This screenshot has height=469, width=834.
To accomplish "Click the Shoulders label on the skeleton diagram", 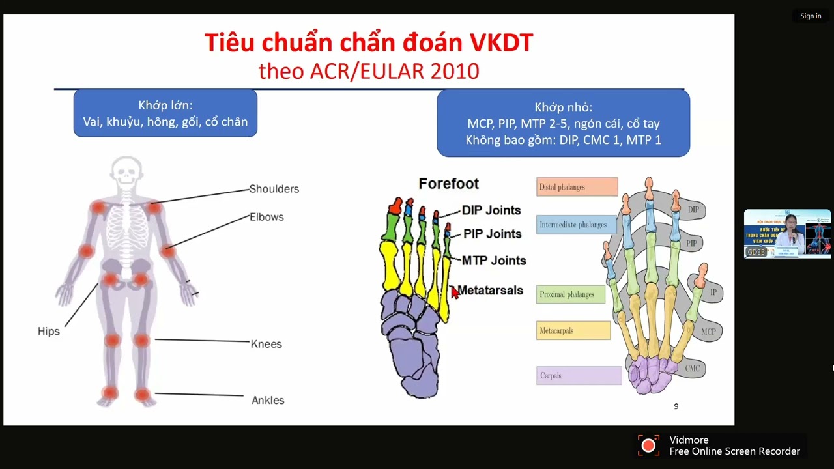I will click(x=274, y=189).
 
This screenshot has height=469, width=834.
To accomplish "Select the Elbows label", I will click(x=266, y=217).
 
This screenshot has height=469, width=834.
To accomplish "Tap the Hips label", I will click(x=48, y=331).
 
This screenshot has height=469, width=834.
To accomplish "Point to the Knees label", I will click(x=266, y=344).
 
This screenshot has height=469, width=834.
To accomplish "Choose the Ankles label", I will click(x=268, y=400).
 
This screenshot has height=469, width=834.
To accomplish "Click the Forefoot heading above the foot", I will click(x=448, y=184).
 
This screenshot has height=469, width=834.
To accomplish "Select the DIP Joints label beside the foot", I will click(x=491, y=210).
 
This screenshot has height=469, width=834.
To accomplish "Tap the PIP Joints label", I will click(x=492, y=234).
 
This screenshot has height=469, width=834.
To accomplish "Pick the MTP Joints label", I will click(x=493, y=261).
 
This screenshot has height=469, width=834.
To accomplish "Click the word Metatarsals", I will click(x=490, y=291).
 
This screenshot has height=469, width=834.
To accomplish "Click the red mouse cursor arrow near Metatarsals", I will click(x=454, y=292).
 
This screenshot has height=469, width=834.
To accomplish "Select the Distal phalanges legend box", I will click(x=577, y=187).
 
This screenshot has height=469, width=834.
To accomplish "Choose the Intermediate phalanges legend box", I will click(x=576, y=225).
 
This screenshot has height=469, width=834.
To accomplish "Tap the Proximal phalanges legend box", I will click(x=570, y=294).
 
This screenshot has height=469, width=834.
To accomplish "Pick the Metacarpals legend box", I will click(x=573, y=330).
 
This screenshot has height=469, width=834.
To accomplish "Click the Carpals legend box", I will click(x=579, y=375).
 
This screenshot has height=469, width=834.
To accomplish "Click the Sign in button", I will click(x=811, y=16).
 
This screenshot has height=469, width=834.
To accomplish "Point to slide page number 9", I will click(x=676, y=406).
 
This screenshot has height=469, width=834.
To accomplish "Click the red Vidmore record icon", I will click(x=648, y=446).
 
